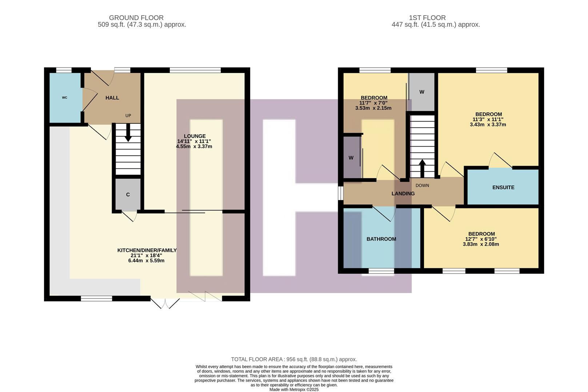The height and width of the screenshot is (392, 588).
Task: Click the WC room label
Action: [x=64, y=98]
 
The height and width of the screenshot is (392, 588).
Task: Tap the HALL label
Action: [x=112, y=98]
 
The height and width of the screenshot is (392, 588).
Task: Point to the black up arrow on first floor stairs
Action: [x=422, y=167]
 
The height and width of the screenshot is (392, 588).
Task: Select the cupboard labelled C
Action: [x=128, y=195]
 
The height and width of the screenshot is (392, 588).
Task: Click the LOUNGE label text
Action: [x=194, y=136]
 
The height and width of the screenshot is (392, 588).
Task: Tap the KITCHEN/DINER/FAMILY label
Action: [x=147, y=250]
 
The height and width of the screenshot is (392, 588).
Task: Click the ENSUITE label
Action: [x=503, y=187]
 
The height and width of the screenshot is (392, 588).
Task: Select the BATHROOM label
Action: [x=381, y=239]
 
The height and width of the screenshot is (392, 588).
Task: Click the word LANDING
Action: [x=403, y=193]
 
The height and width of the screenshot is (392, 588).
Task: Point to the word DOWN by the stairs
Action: [x=422, y=185]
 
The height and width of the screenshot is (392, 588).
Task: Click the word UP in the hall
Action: [x=128, y=116]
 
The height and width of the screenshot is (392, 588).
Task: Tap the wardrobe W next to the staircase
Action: [x=421, y=92]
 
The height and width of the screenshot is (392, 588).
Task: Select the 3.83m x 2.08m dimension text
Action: [x=481, y=244]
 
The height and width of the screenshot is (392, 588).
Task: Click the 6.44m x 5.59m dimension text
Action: [x=146, y=261]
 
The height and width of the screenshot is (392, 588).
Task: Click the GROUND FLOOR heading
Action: [x=136, y=17]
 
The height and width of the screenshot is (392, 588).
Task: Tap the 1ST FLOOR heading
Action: [x=427, y=17]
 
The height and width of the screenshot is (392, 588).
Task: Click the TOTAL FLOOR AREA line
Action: [x=294, y=359]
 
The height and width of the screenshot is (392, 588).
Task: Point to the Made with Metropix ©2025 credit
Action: [x=294, y=389]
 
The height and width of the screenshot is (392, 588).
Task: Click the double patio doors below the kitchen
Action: [x=165, y=303]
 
